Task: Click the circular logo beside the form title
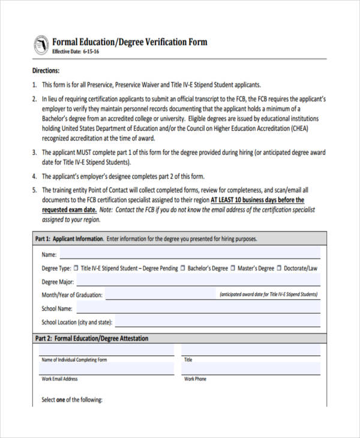point(41,44)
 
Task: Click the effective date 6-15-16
point(91,52)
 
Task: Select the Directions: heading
point(46,71)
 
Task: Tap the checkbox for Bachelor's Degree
point(184,268)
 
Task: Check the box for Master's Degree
point(233,268)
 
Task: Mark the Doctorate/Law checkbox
point(279,268)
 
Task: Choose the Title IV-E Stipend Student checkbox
point(76,268)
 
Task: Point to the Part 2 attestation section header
point(93,338)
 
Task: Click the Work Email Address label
point(59,379)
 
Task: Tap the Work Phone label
point(195,379)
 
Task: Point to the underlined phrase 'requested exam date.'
point(69,210)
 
